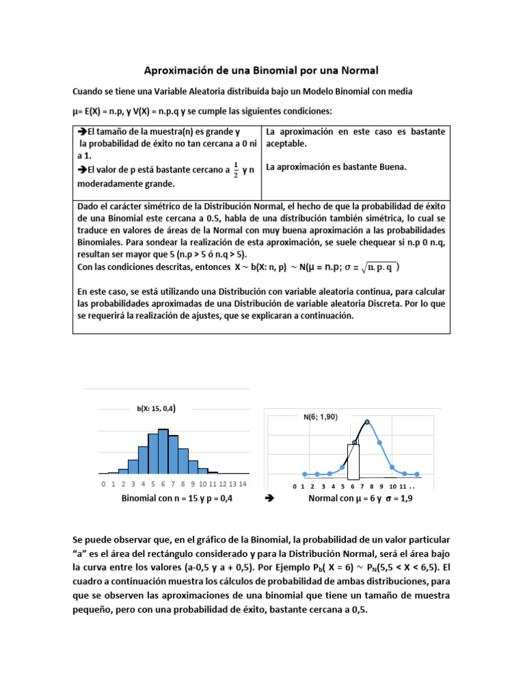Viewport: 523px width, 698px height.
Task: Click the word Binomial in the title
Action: click(x=294, y=70)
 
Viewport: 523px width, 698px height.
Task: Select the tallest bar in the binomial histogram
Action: click(x=163, y=451)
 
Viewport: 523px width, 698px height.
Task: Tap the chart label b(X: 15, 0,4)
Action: click(x=156, y=409)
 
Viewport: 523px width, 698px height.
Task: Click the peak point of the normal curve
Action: click(x=367, y=422)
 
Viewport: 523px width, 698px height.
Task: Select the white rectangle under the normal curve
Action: click(x=353, y=462)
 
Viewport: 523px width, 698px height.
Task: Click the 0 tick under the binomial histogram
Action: click(x=103, y=484)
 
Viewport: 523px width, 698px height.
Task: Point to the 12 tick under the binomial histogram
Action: click(x=223, y=484)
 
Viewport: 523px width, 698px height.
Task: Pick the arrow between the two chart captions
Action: click(x=268, y=499)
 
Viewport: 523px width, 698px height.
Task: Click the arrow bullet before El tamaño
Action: click(x=82, y=132)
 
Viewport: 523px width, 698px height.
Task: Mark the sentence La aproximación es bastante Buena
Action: click(x=336, y=166)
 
